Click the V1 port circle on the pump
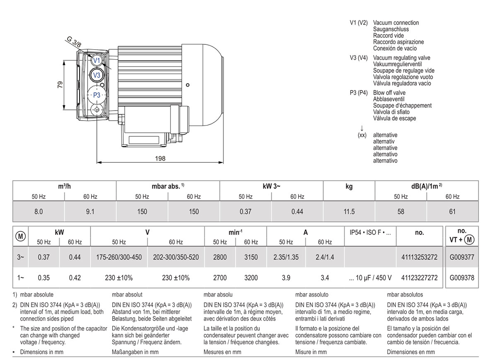point(97,60)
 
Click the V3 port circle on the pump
point(97,75)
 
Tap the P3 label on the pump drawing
point(97,95)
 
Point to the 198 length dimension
point(160,158)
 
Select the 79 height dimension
point(59,85)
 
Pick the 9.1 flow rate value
point(90,212)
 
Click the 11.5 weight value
point(349,212)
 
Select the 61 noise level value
point(452,212)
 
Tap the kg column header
point(349,186)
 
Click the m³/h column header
point(65,186)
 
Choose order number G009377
point(462,257)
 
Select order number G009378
point(462,278)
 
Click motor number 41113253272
point(419,257)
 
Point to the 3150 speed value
point(251,257)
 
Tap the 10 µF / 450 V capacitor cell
point(370,278)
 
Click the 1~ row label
point(21,278)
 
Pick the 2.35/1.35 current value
point(286,257)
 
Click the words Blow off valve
point(389,93)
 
